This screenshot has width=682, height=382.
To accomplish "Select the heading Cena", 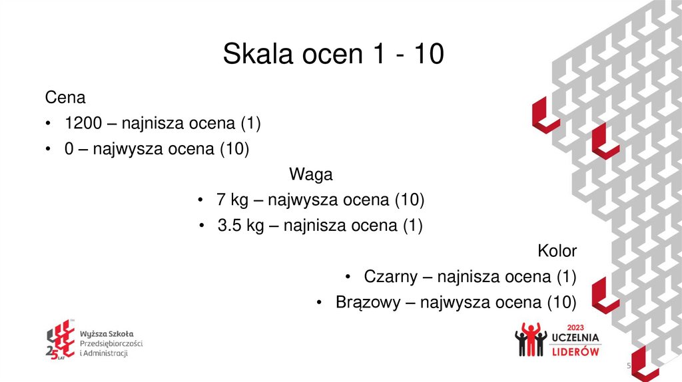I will (x=65, y=98).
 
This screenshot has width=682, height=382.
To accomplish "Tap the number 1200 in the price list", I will (x=83, y=123).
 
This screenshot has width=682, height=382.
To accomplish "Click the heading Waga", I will (x=310, y=174).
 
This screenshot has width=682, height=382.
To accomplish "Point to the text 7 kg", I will (x=230, y=200).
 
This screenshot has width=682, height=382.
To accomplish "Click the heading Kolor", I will (x=557, y=251).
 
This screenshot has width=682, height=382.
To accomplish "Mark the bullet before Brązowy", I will (x=320, y=303).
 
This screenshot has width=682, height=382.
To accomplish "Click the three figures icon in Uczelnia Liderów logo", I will (x=531, y=339).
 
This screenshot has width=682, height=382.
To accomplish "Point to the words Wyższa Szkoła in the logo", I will (x=107, y=333).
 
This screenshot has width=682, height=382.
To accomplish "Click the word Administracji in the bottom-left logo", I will (x=105, y=353).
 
